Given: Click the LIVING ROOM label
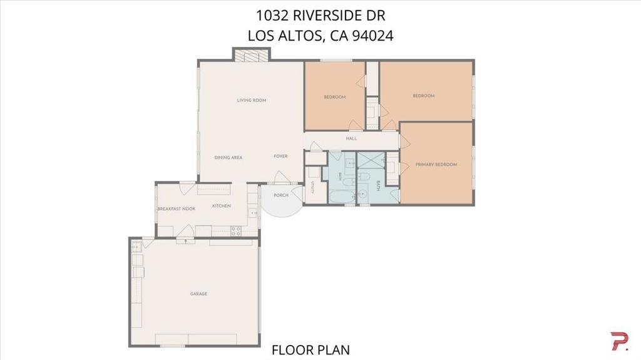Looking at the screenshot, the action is pos(252,100).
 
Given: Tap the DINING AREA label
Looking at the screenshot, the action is pos(228,158).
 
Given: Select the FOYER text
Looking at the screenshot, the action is pos(280,157).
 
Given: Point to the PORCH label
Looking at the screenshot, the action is pos(281,195).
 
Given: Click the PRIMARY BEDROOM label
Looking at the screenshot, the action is pos(436,165).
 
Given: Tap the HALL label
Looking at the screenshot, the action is pos(351,139).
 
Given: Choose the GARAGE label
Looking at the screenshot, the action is pos(198,294).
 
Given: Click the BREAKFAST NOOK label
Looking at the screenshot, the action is pos(176,209).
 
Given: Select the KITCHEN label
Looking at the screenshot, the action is pos(221,206).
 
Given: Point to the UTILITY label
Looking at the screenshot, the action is pos(313,187).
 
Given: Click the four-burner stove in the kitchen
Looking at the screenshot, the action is pos(236,231).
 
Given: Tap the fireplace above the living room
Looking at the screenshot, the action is pos(252,55).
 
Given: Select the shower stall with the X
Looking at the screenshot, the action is pos(371,160).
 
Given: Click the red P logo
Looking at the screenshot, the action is pos(618,342).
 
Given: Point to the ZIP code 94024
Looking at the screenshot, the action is pos(372,36).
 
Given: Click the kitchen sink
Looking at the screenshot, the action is pos(253,213).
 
